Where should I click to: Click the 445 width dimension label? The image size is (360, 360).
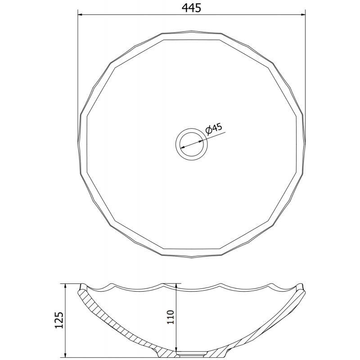(192, 8)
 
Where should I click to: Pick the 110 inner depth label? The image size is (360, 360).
(171, 317)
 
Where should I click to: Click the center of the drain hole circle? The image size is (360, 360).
(192, 144)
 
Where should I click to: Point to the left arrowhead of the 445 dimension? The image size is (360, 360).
(80, 15)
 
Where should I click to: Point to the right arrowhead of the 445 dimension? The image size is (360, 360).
(303, 15)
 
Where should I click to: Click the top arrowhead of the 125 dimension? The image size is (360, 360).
(65, 286)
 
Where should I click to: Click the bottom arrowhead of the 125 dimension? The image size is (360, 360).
(65, 355)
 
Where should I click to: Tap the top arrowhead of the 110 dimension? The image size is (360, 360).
(176, 286)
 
